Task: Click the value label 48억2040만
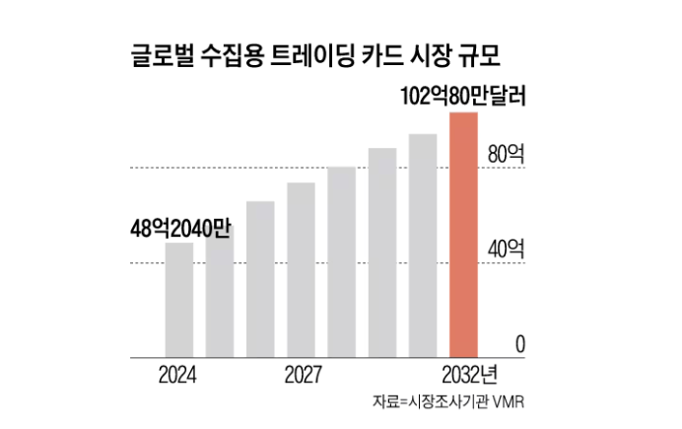(179, 227)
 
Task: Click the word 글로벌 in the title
(163, 53)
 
